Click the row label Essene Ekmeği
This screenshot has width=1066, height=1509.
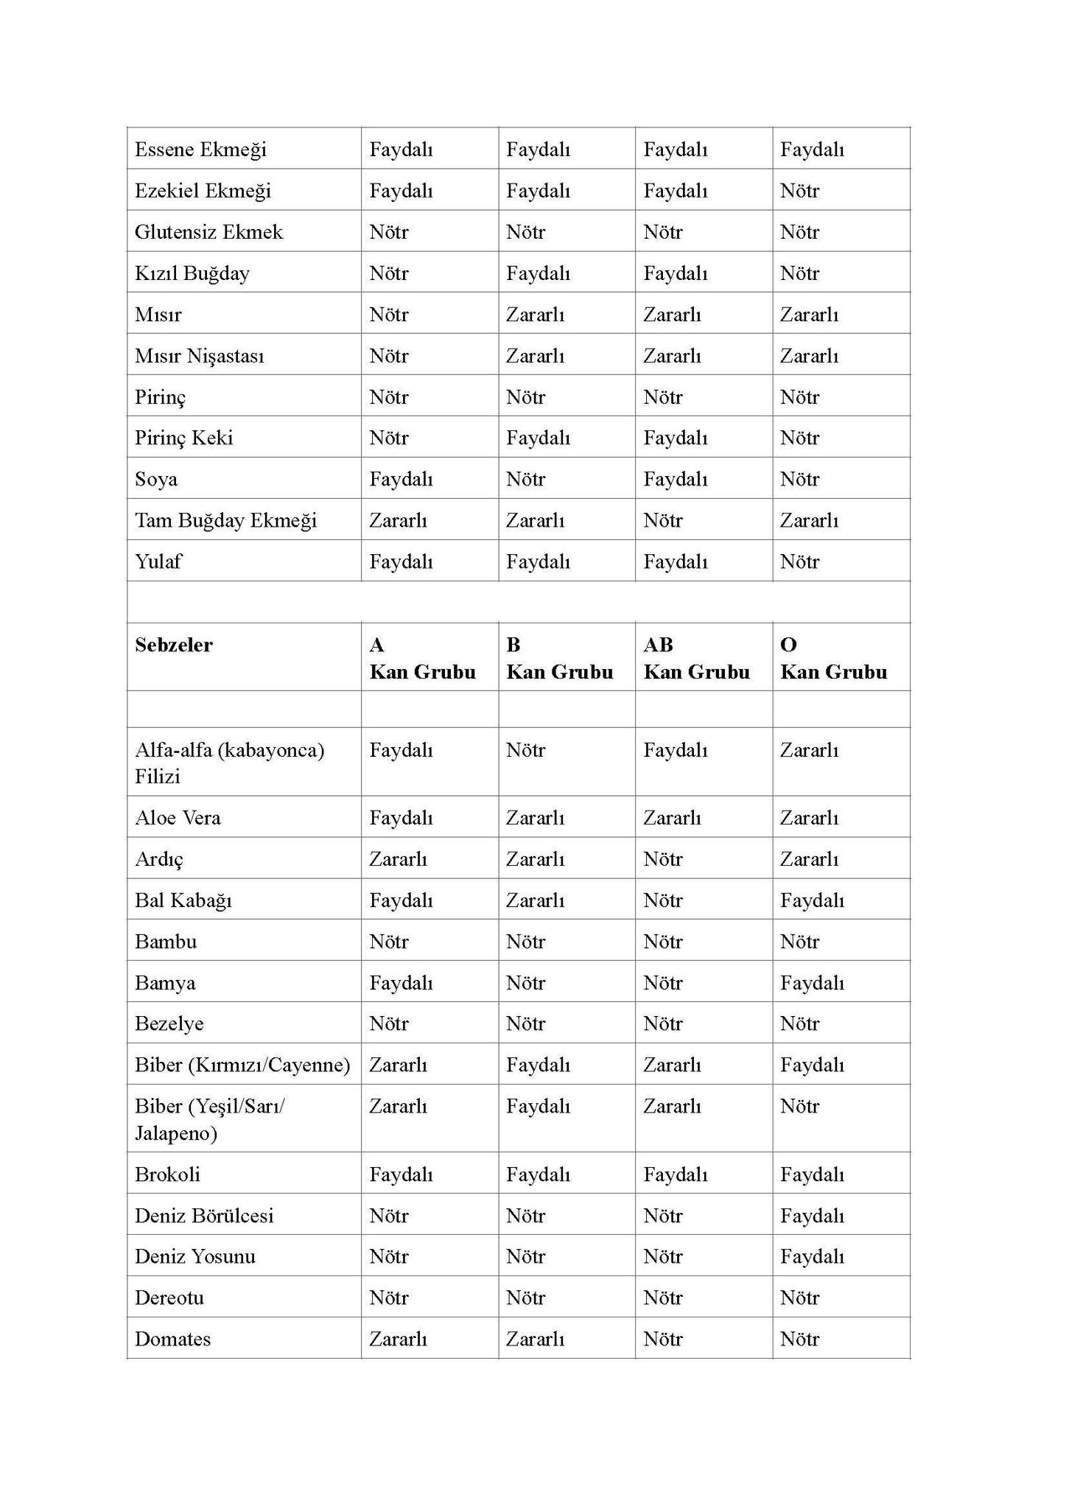click(200, 150)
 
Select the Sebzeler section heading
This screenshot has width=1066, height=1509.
click(174, 645)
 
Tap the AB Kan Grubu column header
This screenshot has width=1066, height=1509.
click(696, 658)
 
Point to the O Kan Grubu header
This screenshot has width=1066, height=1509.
click(833, 658)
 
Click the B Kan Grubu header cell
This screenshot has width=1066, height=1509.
click(559, 658)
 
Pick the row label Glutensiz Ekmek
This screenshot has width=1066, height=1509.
click(208, 232)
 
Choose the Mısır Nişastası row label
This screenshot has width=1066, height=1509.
click(199, 356)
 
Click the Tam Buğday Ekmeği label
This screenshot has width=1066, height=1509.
click(225, 521)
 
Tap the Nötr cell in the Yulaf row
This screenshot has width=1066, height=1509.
click(799, 562)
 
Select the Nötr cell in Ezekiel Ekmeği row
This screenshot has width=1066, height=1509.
click(799, 191)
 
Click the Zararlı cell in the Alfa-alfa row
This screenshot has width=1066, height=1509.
click(809, 750)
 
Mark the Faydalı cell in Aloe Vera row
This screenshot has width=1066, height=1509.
click(401, 818)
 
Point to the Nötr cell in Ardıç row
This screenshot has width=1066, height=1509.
click(662, 859)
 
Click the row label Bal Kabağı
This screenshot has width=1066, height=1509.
click(183, 900)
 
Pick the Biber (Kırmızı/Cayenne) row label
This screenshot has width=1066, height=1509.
click(242, 1065)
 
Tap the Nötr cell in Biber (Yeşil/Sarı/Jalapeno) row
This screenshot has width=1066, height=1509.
click(799, 1106)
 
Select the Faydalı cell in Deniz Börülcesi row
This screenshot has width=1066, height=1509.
click(812, 1216)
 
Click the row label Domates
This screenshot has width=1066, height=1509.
click(172, 1339)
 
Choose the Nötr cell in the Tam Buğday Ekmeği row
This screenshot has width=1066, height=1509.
click(662, 521)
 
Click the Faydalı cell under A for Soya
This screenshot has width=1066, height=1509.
click(401, 480)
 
